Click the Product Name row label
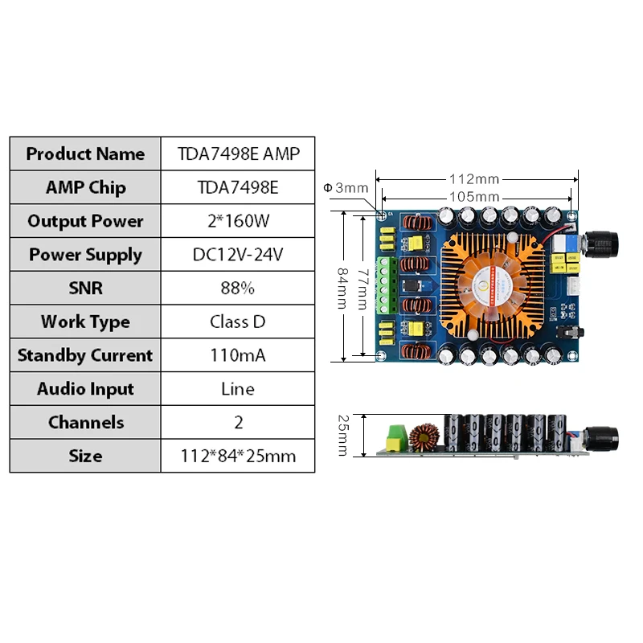[85, 154]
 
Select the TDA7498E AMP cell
[238, 154]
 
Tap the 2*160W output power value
[238, 221]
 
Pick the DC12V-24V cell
[238, 255]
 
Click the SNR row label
[85, 289]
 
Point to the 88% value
[238, 289]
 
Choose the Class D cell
[238, 322]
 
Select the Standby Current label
[85, 355]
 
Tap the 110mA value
[238, 355]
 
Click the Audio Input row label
[85, 389]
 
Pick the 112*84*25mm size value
[238, 457]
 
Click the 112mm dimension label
[474, 179]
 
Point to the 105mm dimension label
[474, 197]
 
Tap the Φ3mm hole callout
[346, 188]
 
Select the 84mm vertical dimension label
[342, 289]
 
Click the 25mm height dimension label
[343, 436]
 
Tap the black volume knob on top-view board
[601, 245]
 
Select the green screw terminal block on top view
[387, 285]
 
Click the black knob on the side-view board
[601, 439]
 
